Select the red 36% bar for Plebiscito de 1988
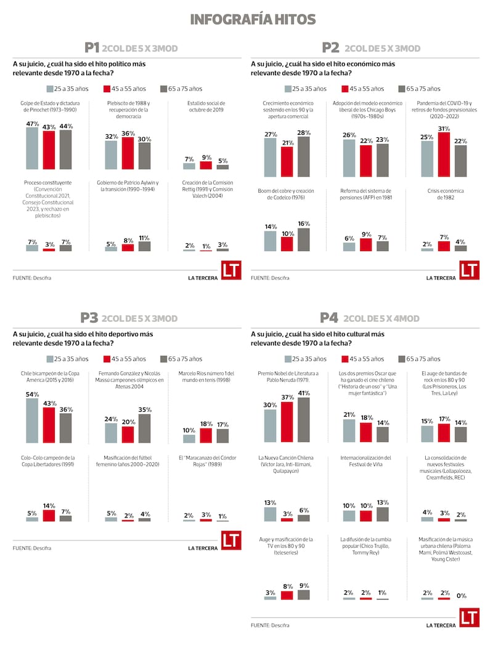128,153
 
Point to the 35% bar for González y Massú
144,428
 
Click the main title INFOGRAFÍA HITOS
253,19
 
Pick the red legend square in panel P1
107,89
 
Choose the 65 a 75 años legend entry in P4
419,359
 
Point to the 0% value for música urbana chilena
461,596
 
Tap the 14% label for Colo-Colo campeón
49,505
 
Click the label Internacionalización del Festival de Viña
365,461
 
